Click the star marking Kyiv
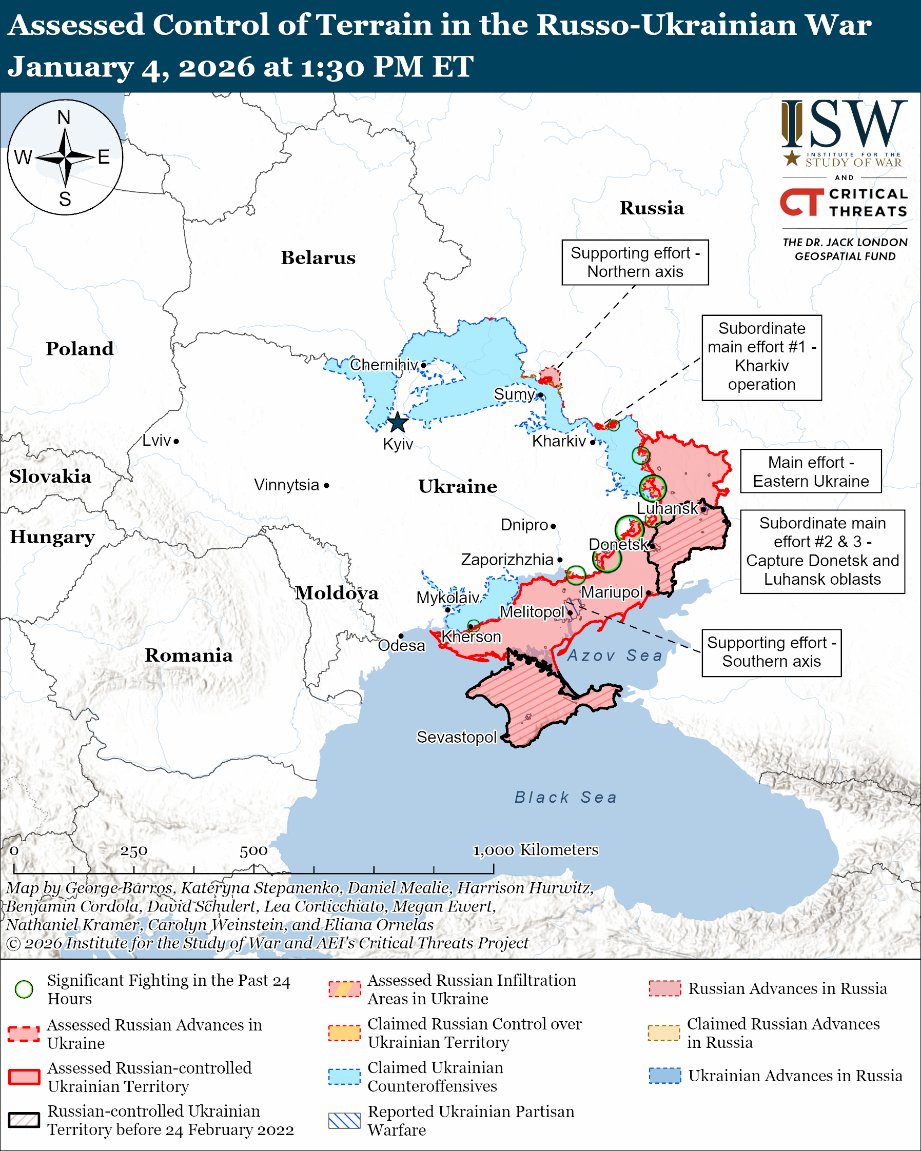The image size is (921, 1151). (x=398, y=423)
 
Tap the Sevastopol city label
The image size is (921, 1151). (x=457, y=737)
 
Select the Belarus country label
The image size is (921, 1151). (x=318, y=258)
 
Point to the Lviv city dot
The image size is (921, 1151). (x=176, y=441)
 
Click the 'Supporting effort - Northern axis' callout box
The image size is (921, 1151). (x=635, y=262)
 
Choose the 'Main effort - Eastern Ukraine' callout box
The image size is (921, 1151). (x=811, y=471)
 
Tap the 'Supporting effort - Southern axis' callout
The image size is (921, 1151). (x=771, y=652)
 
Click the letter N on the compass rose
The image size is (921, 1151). (x=64, y=117)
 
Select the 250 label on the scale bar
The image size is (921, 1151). (x=133, y=851)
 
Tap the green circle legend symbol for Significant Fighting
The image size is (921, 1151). (x=24, y=989)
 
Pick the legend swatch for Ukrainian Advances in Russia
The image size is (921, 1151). (x=665, y=1076)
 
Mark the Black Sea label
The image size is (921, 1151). (x=566, y=798)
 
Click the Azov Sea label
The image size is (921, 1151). (x=614, y=656)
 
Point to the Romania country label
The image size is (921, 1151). (x=188, y=656)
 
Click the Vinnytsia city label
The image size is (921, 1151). (x=287, y=485)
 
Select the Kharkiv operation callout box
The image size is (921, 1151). (x=761, y=357)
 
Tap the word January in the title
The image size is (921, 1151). (x=70, y=67)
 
